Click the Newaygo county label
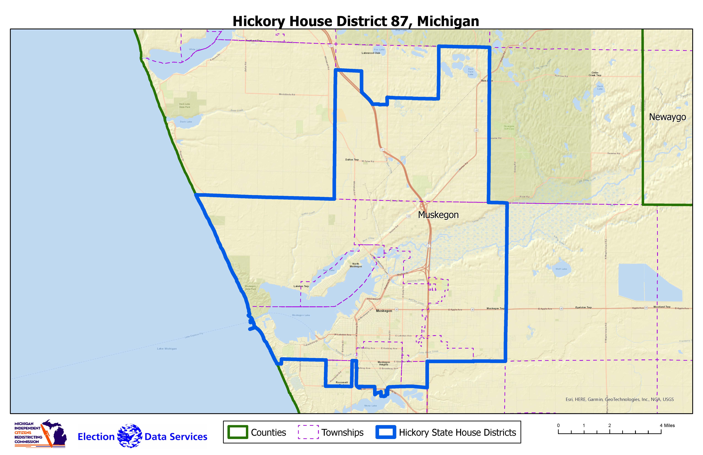667,117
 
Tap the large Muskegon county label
438,215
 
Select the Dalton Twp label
352,160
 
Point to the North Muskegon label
356,265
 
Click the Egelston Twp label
583,308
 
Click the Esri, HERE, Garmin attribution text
619,399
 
